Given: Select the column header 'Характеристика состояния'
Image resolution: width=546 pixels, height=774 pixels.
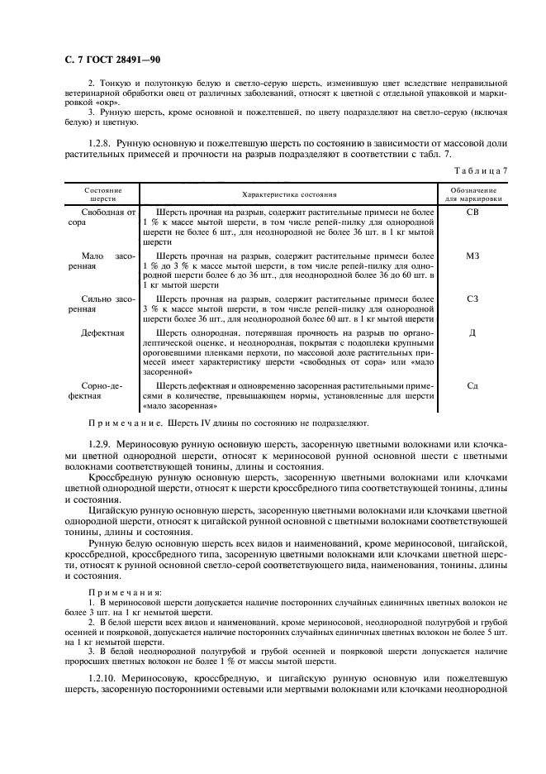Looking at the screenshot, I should click(x=289, y=194).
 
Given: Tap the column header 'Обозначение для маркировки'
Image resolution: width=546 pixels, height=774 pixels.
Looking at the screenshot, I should click(x=472, y=194).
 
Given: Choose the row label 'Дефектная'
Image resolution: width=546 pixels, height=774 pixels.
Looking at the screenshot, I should click(x=102, y=333).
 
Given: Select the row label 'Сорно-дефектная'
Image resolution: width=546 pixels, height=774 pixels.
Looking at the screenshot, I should click(x=102, y=390).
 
